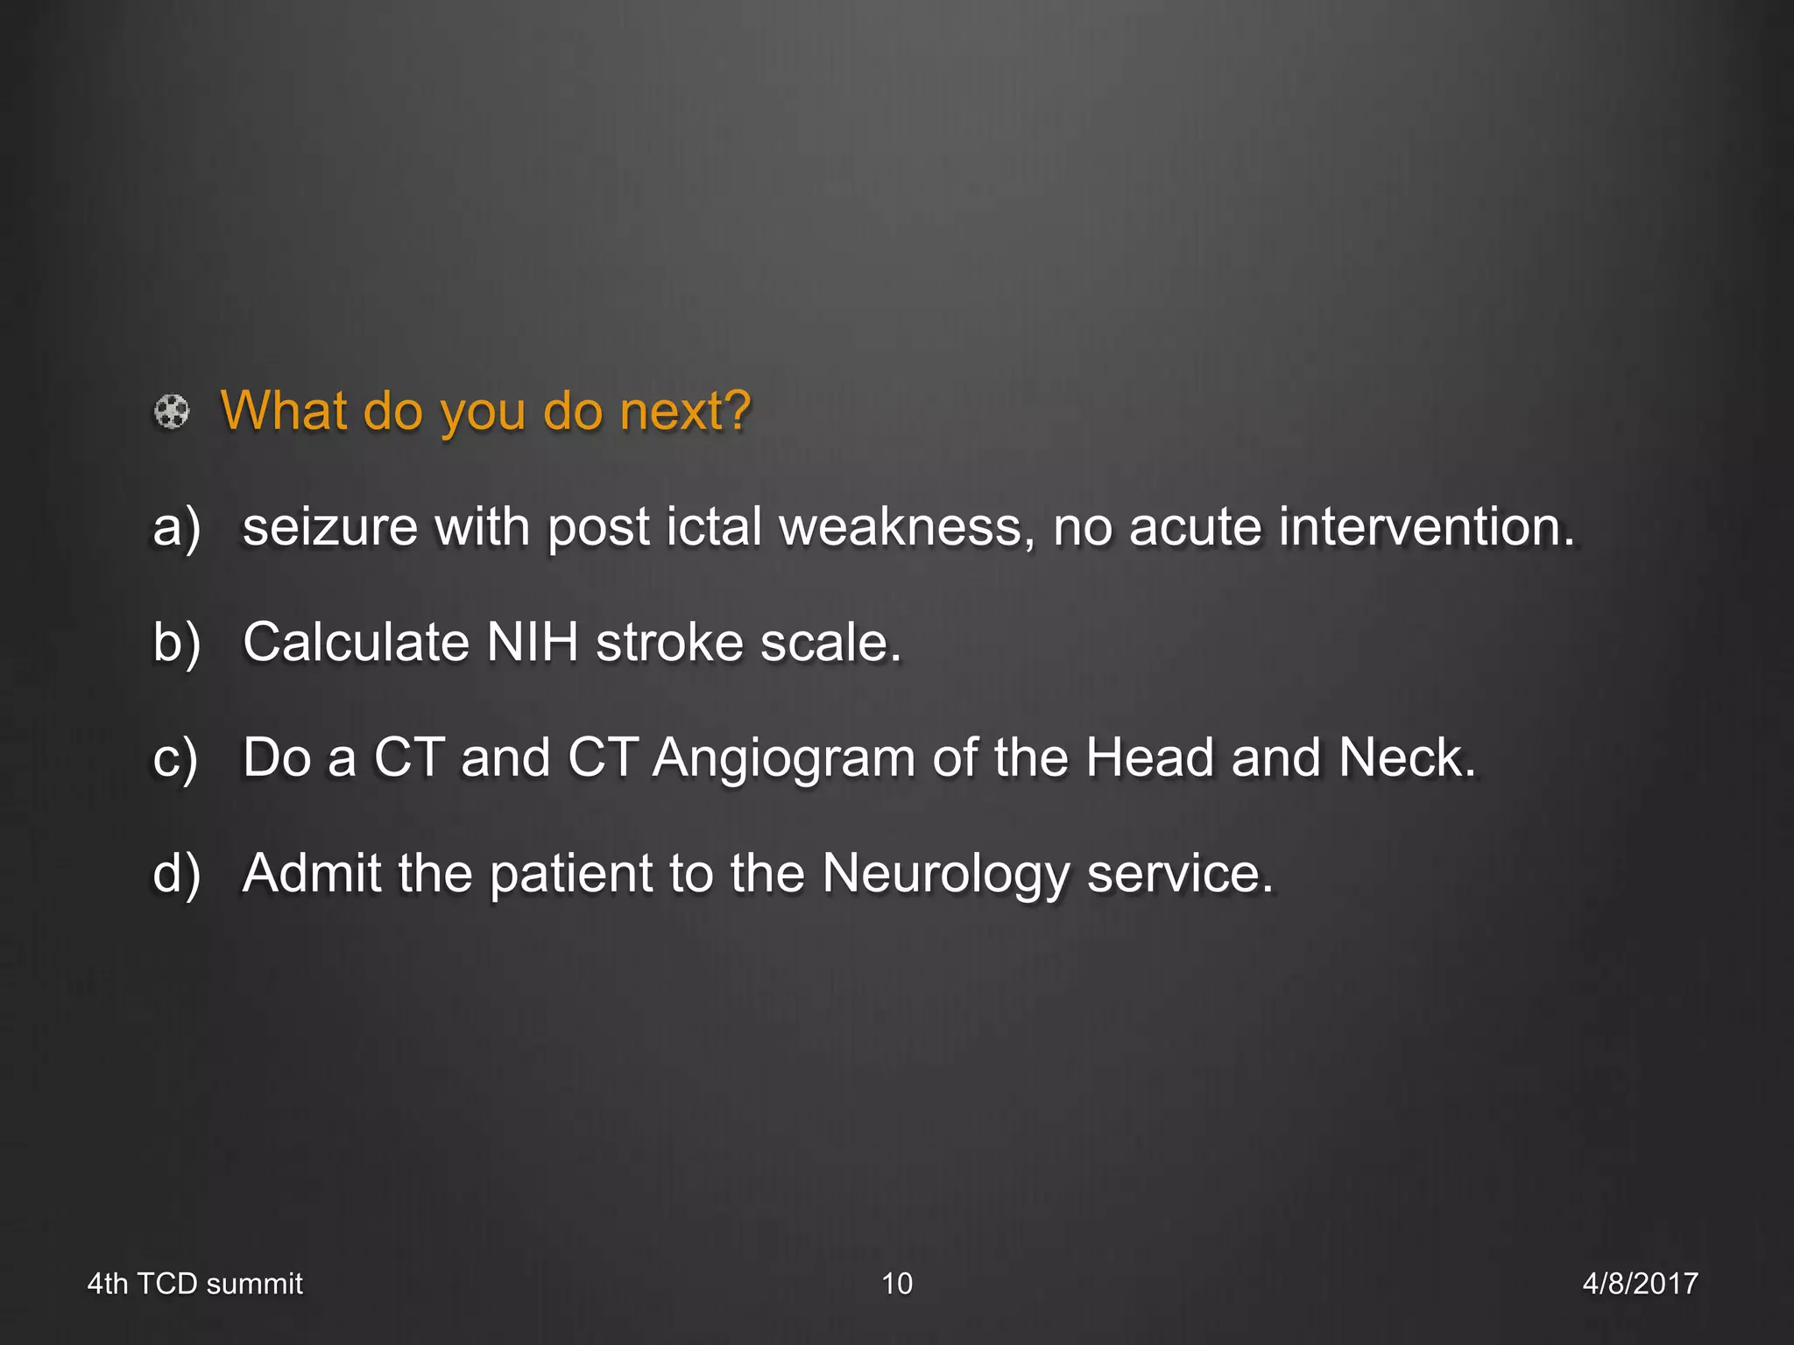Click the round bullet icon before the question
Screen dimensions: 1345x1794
point(172,412)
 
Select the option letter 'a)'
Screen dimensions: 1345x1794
point(177,528)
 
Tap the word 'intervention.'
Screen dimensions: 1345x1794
point(1426,528)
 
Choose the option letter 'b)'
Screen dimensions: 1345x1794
point(177,644)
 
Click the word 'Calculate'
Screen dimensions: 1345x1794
point(356,644)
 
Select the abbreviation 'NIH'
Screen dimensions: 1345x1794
point(533,644)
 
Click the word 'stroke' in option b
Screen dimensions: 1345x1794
point(669,644)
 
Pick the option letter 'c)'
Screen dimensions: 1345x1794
point(175,759)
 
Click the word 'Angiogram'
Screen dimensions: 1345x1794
point(784,759)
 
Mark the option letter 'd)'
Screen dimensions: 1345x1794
point(177,875)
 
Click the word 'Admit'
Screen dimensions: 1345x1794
point(312,875)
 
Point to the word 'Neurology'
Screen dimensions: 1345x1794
point(946,875)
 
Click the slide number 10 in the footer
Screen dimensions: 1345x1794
point(897,1284)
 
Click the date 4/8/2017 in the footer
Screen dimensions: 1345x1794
point(1640,1284)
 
